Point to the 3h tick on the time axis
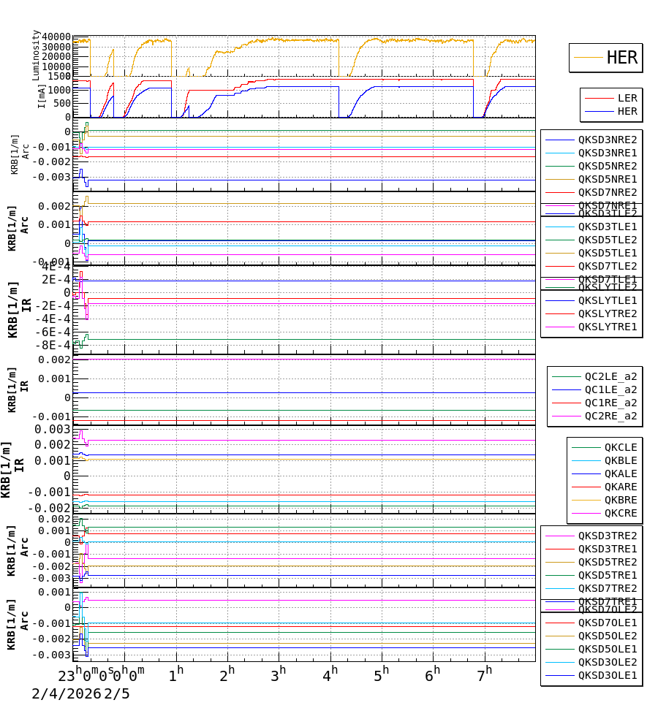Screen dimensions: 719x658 click(278, 674)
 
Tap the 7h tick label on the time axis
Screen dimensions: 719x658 click(484, 674)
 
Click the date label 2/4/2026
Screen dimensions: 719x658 click(66, 693)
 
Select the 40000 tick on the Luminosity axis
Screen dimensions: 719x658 click(56, 37)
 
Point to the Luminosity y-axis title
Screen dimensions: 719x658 click(36, 55)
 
